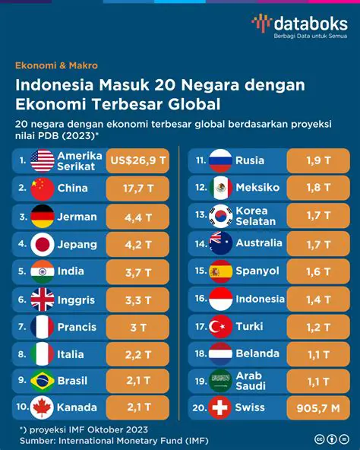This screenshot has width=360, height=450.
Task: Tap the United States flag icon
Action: pyautogui.click(x=43, y=160)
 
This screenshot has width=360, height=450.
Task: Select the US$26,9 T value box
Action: pyautogui.click(x=139, y=160)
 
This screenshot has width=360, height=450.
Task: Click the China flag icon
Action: pyautogui.click(x=43, y=189)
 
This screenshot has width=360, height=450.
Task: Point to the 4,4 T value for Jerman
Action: pyautogui.click(x=139, y=217)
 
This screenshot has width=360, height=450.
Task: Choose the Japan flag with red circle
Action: pyautogui.click(x=43, y=245)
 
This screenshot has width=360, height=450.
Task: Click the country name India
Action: pyautogui.click(x=72, y=271)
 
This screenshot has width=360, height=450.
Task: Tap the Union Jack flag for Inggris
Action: pyautogui.click(x=43, y=299)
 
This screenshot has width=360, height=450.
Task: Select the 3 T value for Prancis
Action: pyautogui.click(x=139, y=327)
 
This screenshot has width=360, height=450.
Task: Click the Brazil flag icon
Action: pyautogui.click(x=43, y=381)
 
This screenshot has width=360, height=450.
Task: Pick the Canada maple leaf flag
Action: pyautogui.click(x=43, y=408)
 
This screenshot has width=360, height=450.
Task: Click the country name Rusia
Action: pyautogui.click(x=250, y=160)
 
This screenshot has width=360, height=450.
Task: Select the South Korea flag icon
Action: pyautogui.click(x=221, y=217)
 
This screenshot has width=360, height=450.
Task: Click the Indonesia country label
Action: pyautogui.click(x=260, y=299)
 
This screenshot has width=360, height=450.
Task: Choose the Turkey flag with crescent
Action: pyautogui.click(x=221, y=327)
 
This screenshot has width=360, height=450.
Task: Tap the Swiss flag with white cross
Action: pyautogui.click(x=221, y=408)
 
